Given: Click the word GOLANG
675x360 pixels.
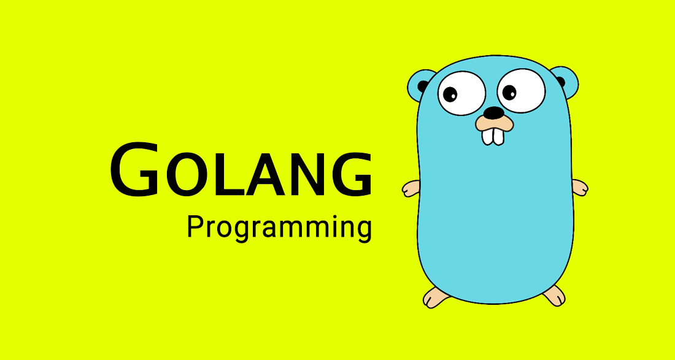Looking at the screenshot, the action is click(x=241, y=169).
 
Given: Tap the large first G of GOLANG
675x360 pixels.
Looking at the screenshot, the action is click(x=134, y=169).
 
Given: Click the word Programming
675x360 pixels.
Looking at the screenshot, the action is click(x=279, y=228).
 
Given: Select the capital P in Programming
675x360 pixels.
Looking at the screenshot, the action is click(x=195, y=227).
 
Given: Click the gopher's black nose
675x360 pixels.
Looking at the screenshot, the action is click(x=493, y=113).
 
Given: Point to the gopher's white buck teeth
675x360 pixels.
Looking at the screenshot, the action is click(x=493, y=136).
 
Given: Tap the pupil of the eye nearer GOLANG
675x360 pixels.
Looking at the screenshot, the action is click(x=450, y=94).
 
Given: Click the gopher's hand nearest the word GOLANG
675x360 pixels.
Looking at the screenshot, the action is click(x=411, y=188).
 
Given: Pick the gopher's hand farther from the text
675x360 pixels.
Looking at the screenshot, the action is click(x=579, y=188).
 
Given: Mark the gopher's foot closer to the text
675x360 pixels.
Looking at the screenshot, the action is click(x=436, y=297).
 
